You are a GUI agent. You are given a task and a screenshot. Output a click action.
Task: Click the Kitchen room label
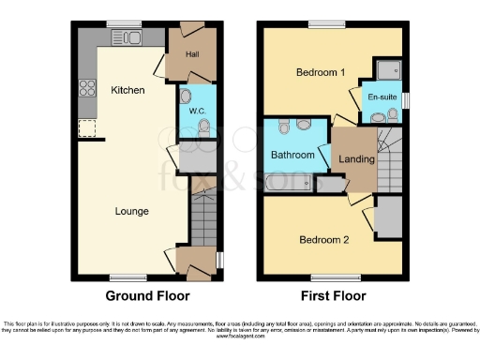tap(127, 90)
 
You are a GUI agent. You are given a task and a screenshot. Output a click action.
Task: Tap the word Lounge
tap(132, 211)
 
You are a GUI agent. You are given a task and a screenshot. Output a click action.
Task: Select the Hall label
tap(192, 54)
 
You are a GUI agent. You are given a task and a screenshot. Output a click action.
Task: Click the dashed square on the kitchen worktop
tap(88, 127)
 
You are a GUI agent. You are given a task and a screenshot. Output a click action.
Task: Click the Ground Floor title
tap(143, 295)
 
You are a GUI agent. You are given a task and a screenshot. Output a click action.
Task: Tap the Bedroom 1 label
tap(321, 72)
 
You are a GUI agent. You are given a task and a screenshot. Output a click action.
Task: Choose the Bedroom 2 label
tap(323, 239)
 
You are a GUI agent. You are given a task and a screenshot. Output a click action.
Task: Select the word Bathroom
tap(292, 154)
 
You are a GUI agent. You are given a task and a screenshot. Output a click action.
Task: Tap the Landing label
tap(357, 159)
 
